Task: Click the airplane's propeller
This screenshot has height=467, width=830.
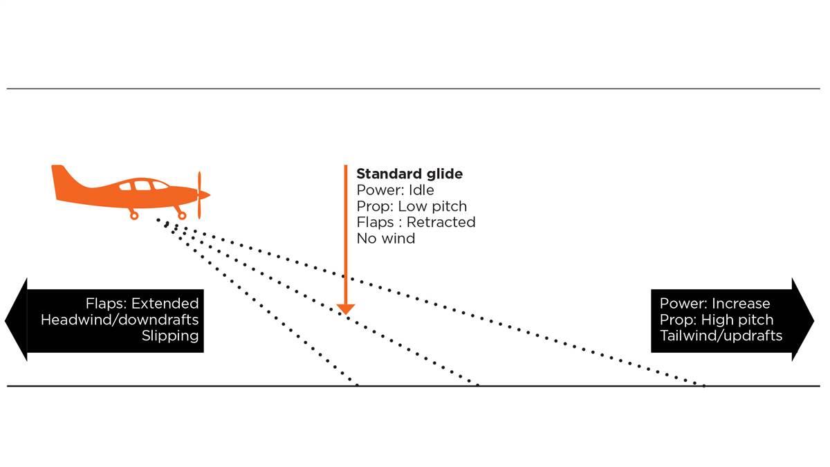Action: (x=200, y=195)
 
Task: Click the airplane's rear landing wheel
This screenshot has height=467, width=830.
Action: (x=133, y=216)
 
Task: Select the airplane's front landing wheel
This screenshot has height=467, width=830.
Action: (x=182, y=216)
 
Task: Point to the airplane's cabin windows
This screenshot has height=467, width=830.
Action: (x=142, y=185)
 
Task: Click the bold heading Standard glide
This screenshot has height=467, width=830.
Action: (x=409, y=174)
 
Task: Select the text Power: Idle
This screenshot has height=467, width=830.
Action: (x=395, y=190)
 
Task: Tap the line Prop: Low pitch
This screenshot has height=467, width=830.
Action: (x=412, y=206)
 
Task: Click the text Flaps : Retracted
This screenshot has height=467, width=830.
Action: (x=416, y=222)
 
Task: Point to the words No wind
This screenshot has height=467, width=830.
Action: (x=385, y=238)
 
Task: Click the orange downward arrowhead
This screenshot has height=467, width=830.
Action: (x=345, y=309)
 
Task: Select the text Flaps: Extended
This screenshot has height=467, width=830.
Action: (x=142, y=304)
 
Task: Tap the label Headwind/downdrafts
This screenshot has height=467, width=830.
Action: (x=120, y=320)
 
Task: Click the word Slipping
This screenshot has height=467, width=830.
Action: (x=170, y=336)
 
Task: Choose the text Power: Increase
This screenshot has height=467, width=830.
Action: (x=714, y=304)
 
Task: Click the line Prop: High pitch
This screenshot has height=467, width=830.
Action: (x=717, y=320)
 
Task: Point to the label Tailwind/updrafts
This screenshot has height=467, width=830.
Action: (x=721, y=336)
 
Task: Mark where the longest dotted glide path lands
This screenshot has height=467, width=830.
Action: (x=704, y=385)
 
